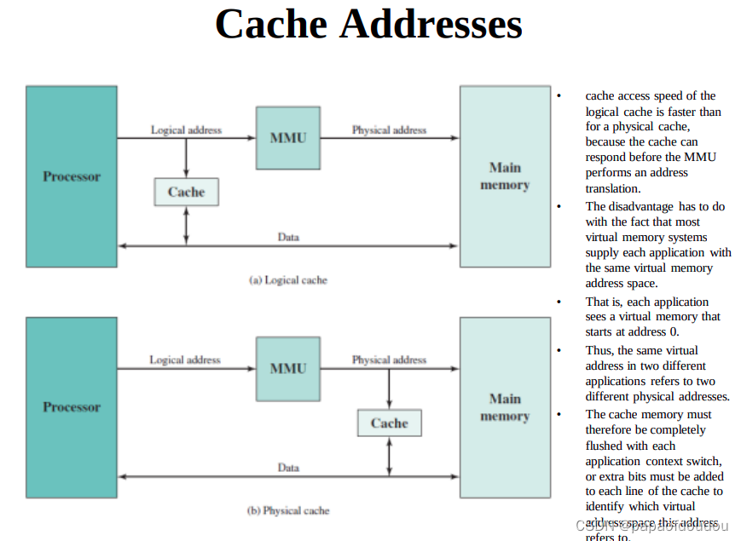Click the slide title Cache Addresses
[368, 25]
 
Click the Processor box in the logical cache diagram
[72, 176]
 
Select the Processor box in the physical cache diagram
[72, 407]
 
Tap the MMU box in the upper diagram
[288, 137]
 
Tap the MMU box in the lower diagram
[288, 368]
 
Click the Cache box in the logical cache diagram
[186, 192]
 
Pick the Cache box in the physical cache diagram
[389, 423]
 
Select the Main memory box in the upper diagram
[505, 176]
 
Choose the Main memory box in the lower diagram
[505, 407]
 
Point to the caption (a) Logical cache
[287, 280]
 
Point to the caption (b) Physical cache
[287, 510]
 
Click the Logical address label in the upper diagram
[186, 130]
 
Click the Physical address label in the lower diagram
[389, 360]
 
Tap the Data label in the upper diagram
[288, 237]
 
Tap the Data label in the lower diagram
[288, 468]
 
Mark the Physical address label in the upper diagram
[389, 130]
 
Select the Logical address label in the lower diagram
[185, 360]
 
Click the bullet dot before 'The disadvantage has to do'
[559, 207]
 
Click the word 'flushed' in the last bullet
[605, 446]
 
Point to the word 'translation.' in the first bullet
[612, 188]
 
